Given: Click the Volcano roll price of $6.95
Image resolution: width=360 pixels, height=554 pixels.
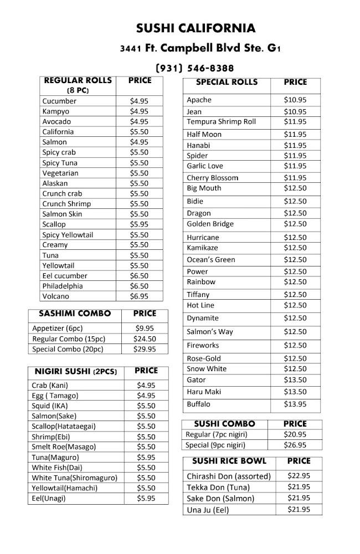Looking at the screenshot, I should (x=139, y=296).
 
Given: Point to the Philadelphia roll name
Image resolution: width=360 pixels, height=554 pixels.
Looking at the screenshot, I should (x=63, y=286).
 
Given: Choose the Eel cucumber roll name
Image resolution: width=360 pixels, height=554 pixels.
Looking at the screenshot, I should (x=65, y=276).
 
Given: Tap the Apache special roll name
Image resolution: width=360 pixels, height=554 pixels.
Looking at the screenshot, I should (x=199, y=100).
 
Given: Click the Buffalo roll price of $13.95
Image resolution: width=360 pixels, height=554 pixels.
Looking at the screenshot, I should (x=295, y=404).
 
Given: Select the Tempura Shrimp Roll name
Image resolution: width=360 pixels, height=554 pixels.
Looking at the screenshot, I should (x=221, y=121).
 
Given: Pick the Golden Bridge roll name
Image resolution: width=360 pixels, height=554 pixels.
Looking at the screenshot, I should (x=210, y=224).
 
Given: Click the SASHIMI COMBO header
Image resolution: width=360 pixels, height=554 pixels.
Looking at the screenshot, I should (x=75, y=314).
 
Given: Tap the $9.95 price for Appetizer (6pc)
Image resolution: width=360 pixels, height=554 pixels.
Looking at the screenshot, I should (x=145, y=328).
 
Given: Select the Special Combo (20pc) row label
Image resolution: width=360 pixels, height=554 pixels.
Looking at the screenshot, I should (x=68, y=349).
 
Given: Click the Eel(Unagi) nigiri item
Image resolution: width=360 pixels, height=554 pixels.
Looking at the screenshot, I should (x=48, y=498).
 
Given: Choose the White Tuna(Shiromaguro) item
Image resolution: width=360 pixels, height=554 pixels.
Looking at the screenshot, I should (x=74, y=478).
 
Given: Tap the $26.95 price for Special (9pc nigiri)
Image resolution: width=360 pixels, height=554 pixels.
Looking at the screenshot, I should (x=295, y=445).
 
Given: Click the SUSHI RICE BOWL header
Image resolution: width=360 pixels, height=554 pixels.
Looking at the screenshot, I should (x=229, y=461).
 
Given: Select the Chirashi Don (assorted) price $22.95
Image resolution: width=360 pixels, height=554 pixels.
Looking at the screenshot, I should (x=299, y=476).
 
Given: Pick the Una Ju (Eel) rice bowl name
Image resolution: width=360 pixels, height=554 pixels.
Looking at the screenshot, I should (x=208, y=510).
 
